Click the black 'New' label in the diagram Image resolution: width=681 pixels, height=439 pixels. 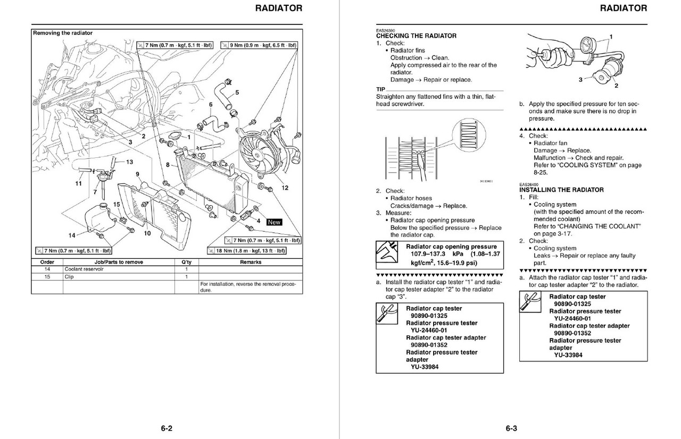click(274, 222)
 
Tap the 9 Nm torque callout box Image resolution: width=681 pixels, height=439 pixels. click(259, 46)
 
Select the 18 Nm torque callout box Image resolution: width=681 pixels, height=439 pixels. click(247, 250)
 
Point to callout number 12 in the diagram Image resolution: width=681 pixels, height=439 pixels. click(285, 188)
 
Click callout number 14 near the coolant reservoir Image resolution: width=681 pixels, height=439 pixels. click(71, 235)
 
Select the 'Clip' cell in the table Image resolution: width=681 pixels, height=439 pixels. click(69, 277)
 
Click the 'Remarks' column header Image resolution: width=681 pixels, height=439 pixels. click(250, 262)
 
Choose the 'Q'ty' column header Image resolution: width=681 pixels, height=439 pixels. click(186, 262)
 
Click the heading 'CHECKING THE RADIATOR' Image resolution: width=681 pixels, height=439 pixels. click(416, 36)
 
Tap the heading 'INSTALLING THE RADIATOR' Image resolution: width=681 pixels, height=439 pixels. click(561, 190)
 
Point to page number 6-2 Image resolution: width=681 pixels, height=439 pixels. click(167, 428)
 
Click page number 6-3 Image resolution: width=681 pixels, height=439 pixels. click(511, 428)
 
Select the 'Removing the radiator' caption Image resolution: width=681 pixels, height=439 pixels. click(63, 33)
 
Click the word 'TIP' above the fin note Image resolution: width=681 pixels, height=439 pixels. click(380, 89)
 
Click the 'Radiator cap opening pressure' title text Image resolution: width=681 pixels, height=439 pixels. click(451, 247)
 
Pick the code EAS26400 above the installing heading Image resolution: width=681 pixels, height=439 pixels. click(529, 183)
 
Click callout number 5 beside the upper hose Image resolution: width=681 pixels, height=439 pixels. click(237, 92)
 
